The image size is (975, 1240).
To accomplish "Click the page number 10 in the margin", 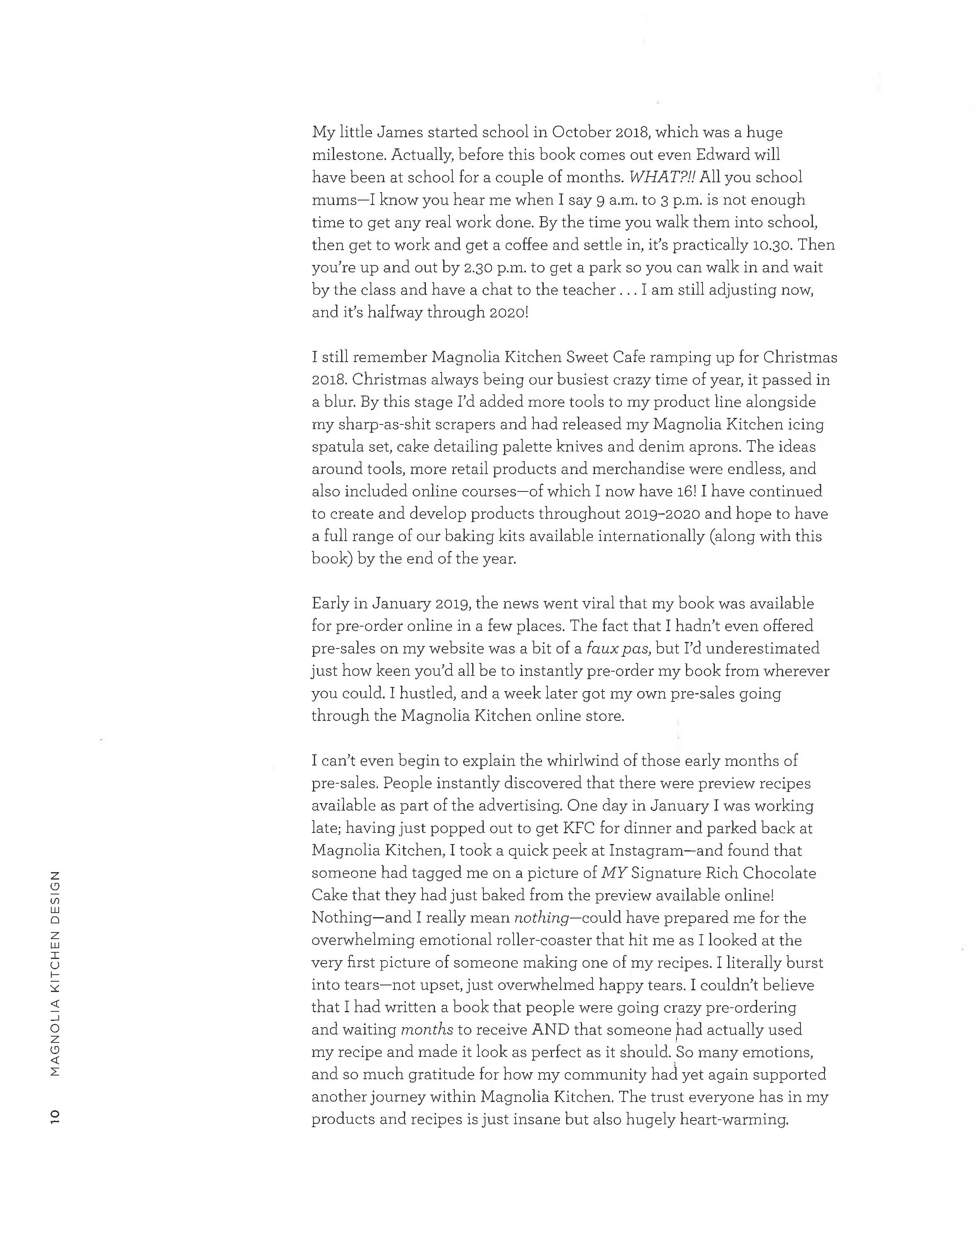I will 55,1117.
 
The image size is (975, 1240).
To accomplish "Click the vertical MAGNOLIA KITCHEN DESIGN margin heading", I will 55,973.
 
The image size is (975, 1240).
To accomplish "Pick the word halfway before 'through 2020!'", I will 394,313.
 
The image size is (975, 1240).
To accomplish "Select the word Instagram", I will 645,851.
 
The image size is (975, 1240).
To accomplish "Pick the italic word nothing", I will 541,918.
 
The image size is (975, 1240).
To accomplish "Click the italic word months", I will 427,1030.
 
